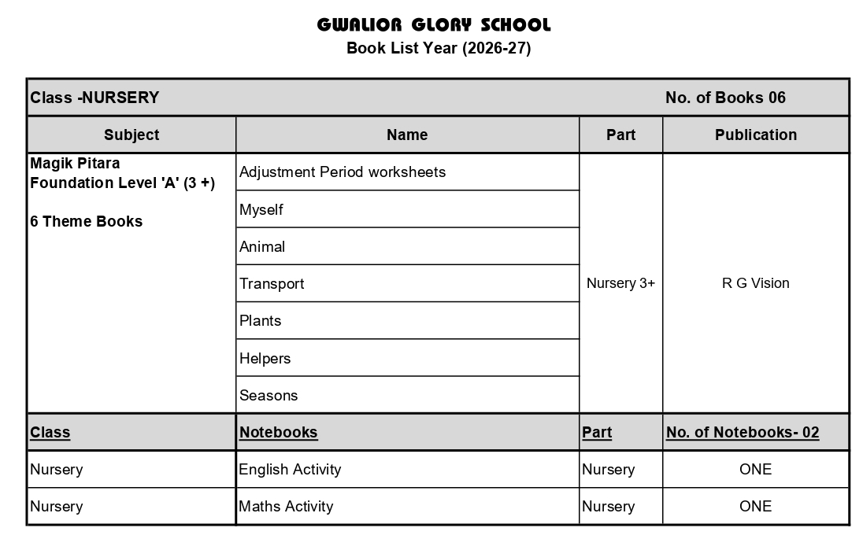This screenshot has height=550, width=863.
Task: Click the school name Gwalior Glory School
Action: tap(434, 24)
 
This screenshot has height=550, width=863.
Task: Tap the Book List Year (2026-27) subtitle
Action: tap(439, 48)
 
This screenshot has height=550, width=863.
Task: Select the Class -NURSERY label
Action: tap(94, 98)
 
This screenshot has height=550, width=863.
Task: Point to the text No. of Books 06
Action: tap(725, 98)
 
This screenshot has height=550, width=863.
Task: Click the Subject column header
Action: tap(131, 135)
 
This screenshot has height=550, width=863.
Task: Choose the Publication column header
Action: tap(755, 135)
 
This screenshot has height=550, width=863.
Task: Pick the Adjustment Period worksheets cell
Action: tap(343, 172)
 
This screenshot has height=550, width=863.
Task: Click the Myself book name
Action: tap(261, 209)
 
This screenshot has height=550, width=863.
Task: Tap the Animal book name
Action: tap(262, 246)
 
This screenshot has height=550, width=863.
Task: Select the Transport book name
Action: tap(272, 283)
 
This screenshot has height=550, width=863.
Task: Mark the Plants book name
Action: tap(260, 320)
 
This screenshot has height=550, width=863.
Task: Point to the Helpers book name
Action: tap(265, 358)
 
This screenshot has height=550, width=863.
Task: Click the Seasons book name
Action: tap(269, 395)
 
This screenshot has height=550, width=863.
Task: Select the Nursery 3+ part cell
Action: tap(620, 283)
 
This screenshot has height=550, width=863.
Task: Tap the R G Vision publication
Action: tap(755, 283)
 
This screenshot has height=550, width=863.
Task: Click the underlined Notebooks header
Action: tap(278, 432)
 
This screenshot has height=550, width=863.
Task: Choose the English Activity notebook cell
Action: tap(290, 469)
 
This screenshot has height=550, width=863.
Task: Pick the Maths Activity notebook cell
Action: tap(286, 506)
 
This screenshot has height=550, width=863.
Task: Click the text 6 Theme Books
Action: tap(87, 221)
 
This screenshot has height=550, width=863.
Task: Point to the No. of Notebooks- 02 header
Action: tap(743, 432)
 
